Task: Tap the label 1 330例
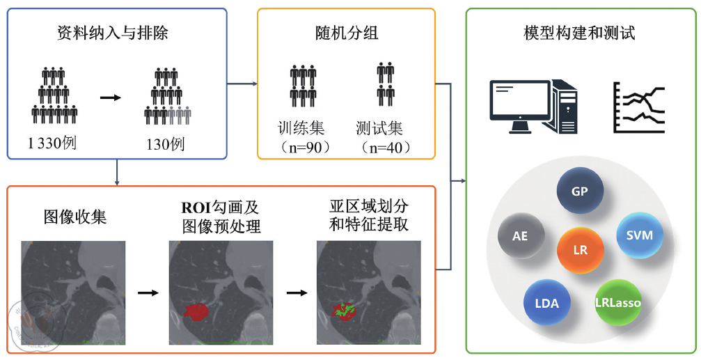coord(52,144)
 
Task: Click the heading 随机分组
coord(346,33)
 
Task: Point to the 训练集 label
coord(301,128)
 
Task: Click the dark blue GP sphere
coord(580,190)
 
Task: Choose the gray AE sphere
coord(520,236)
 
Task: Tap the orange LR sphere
coord(580,250)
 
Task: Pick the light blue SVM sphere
coord(639,236)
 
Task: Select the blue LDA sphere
coord(546,304)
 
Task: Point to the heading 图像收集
coord(75,216)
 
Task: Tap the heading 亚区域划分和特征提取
coord(369,216)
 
